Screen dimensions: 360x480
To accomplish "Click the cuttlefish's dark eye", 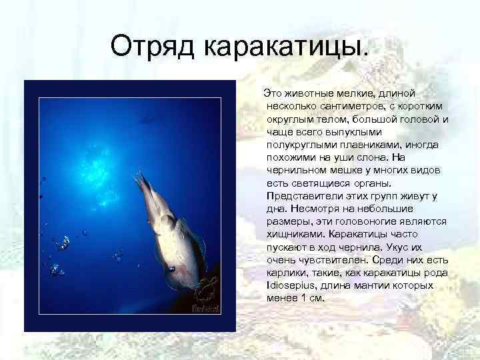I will [x=172, y=268].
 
